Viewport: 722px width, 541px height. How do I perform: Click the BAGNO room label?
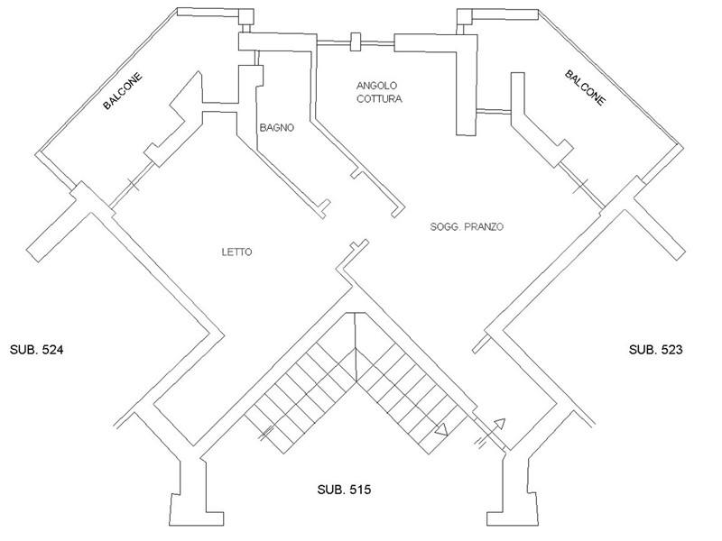tap(277, 127)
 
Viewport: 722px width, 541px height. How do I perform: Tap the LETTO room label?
tap(236, 252)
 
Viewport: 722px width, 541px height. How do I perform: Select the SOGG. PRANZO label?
tap(467, 226)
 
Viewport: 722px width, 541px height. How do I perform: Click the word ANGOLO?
tap(376, 85)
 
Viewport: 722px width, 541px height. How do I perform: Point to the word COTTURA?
tap(379, 98)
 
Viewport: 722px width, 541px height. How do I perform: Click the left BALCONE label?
tap(123, 92)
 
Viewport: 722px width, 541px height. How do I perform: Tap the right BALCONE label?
tap(585, 87)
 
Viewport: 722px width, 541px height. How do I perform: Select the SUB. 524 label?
tap(36, 350)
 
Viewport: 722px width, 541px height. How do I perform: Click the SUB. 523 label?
tap(656, 350)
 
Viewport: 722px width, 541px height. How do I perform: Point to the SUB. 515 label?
tap(344, 490)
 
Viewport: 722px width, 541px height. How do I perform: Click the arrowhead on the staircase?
tap(442, 430)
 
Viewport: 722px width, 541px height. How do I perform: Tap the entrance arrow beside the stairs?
tap(491, 433)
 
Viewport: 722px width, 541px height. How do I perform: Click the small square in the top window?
tap(355, 41)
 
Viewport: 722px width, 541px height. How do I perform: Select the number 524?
tap(52, 350)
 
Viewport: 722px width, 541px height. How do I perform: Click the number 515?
tap(360, 490)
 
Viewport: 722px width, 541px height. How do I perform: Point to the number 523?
tap(671, 350)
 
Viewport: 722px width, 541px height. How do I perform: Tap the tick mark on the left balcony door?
tap(132, 185)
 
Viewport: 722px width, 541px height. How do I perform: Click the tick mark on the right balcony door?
tap(581, 186)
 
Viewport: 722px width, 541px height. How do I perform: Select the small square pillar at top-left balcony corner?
tap(245, 16)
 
